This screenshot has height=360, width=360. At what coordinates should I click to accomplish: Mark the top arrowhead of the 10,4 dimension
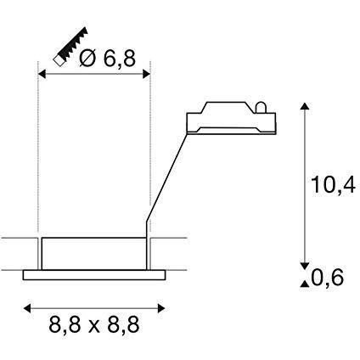pyautogui.click(x=304, y=107)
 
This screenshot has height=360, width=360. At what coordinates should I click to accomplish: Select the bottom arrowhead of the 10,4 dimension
pyautogui.click(x=304, y=263)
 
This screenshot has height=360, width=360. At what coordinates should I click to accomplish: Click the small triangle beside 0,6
pyautogui.click(x=304, y=281)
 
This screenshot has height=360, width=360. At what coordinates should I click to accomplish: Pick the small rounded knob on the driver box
pyautogui.click(x=261, y=107)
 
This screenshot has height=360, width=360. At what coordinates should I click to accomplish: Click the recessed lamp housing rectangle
pyautogui.click(x=92, y=252)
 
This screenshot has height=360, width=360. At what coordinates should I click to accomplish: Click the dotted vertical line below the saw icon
pyautogui.click(x=40, y=153)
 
